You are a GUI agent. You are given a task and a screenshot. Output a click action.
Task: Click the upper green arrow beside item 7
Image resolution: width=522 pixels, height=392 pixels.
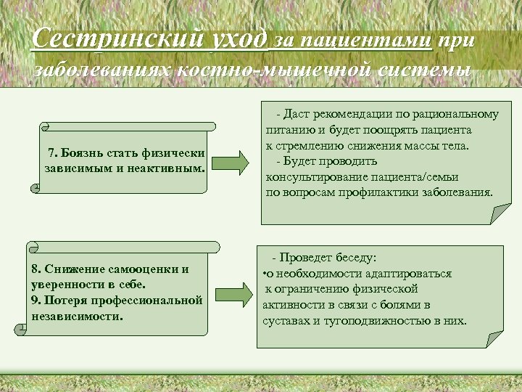(233, 162)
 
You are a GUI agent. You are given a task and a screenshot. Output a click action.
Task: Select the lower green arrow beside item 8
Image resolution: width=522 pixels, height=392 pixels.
(233, 289)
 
